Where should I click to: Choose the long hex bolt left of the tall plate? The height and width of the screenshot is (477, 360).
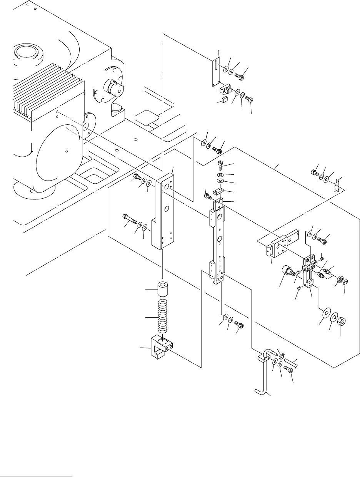[130, 220]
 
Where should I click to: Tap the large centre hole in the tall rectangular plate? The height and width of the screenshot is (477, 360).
[167, 209]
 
